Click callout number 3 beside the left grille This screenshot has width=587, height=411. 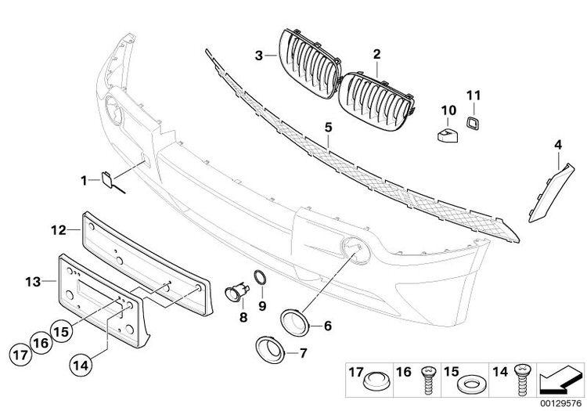[x=258, y=56]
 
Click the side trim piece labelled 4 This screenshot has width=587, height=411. [x=547, y=191]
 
